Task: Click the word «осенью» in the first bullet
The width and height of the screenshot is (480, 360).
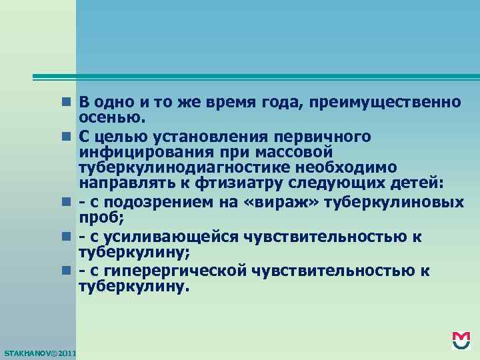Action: pyautogui.click(x=111, y=119)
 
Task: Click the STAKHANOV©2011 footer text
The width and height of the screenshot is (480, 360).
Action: pyautogui.click(x=39, y=352)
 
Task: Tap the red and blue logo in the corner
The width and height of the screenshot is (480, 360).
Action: pyautogui.click(x=461, y=341)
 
